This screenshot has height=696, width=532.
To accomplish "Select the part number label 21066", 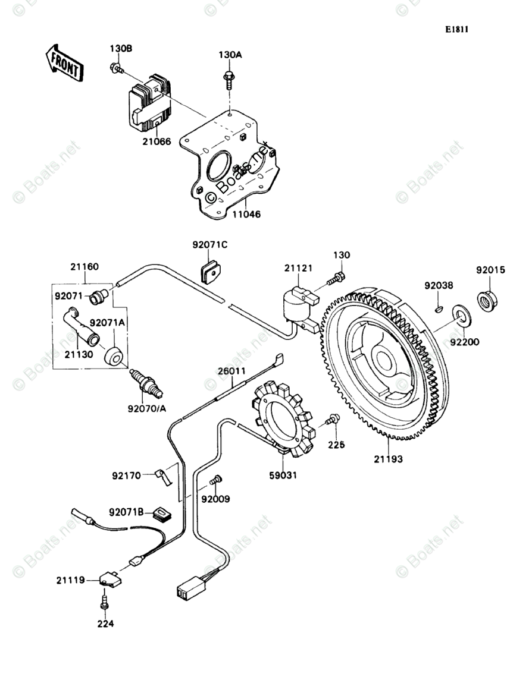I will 157,141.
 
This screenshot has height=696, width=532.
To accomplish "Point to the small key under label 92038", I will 439,308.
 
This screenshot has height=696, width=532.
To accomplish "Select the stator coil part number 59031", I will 284,475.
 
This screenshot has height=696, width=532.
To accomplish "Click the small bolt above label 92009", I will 217,479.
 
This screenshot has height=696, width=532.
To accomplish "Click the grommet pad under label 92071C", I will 209,272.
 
